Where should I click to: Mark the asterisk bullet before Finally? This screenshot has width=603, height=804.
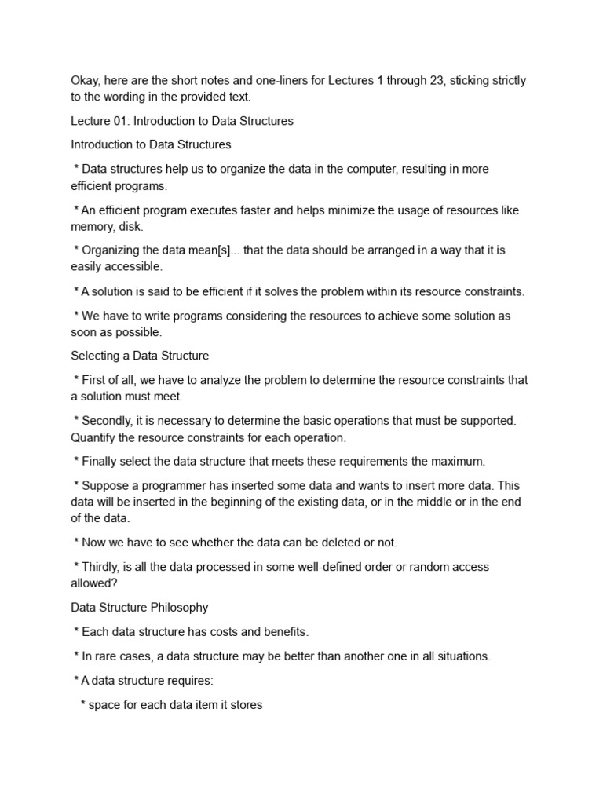click(76, 462)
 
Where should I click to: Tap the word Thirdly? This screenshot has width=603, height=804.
click(104, 567)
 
